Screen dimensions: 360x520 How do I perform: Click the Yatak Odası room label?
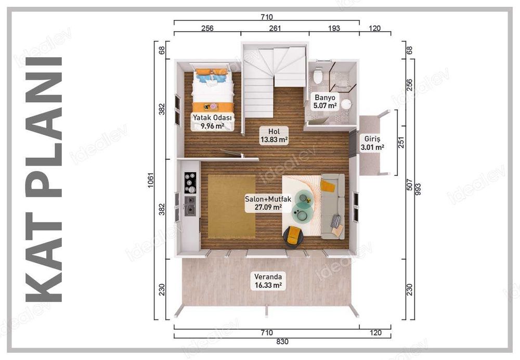212,121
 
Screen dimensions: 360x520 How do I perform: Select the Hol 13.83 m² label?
274,135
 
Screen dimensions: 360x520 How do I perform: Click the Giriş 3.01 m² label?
372,143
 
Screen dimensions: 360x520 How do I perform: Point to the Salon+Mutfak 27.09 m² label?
264,202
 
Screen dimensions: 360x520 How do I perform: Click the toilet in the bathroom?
318,76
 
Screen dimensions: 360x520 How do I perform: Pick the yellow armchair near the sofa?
294,236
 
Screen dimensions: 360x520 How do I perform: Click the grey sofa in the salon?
333,206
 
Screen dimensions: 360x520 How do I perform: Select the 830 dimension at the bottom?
266,342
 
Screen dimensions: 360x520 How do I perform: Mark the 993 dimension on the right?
417,189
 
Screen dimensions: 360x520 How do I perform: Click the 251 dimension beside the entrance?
401,143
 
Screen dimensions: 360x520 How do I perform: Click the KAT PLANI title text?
44,179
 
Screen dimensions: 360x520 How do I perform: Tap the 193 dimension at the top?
333,30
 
